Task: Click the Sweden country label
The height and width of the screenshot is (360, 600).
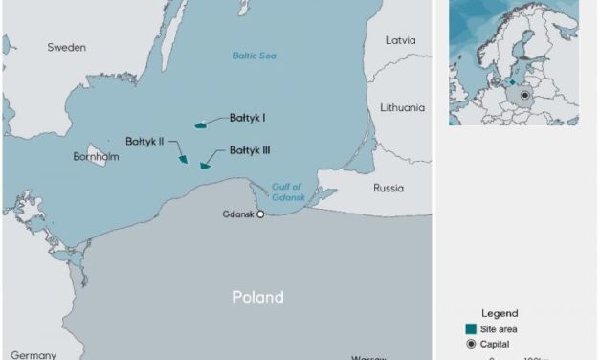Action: (67, 47)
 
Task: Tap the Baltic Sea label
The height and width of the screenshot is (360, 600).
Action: (255, 56)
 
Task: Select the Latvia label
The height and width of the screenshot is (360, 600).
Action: (400, 41)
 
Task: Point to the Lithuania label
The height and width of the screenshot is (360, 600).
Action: (402, 108)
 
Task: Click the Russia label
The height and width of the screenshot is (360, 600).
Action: (389, 188)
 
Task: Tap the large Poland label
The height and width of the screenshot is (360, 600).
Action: (258, 297)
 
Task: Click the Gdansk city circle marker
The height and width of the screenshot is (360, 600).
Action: (260, 214)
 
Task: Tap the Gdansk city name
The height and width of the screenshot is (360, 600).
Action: (237, 214)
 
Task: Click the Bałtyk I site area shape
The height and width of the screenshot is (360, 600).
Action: (200, 124)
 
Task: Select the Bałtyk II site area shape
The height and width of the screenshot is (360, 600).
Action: (183, 159)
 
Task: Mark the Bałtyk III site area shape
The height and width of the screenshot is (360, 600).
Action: (204, 166)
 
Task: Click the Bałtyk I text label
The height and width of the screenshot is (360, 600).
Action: (247, 119)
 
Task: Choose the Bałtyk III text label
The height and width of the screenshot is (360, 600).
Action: (249, 150)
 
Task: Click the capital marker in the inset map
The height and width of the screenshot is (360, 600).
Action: (524, 95)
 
